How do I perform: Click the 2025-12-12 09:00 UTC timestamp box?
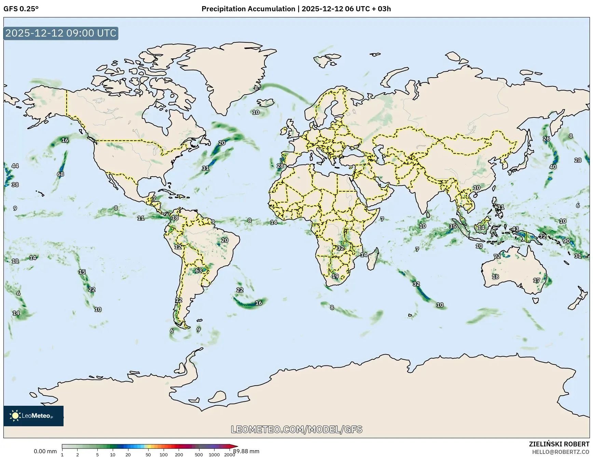(61, 33)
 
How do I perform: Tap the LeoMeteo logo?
(33, 416)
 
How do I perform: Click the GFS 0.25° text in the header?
(21, 9)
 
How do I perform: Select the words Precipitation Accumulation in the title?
(248, 9)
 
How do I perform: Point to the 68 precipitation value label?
(60, 174)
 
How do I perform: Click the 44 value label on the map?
(15, 166)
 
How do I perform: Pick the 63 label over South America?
(199, 271)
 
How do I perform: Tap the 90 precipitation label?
(566, 241)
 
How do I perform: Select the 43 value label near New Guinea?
(515, 229)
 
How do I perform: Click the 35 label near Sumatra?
(453, 226)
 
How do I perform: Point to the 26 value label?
(547, 139)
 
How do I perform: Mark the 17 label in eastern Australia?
(537, 280)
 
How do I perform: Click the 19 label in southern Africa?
(335, 276)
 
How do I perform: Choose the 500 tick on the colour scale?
(199, 455)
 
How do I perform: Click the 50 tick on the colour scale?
(148, 455)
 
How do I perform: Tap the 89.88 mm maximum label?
(246, 451)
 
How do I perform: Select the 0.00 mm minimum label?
(45, 451)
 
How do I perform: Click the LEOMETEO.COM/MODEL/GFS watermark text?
(296, 429)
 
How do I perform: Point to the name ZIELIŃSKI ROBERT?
(559, 444)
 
